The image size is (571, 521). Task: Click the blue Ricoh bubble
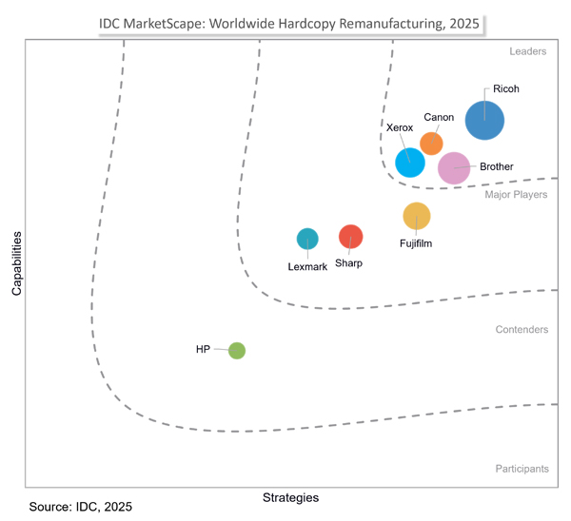(x=484, y=120)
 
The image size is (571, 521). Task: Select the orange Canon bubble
(x=431, y=143)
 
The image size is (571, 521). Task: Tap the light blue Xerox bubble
(x=409, y=162)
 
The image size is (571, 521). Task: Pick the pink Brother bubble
(x=454, y=168)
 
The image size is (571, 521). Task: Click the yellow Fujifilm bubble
(x=417, y=217)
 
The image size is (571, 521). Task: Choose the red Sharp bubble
(x=351, y=236)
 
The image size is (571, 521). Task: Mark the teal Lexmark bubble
(x=307, y=239)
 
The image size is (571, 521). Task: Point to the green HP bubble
(x=237, y=351)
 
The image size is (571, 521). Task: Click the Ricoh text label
(x=506, y=90)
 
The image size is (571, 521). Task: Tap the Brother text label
(x=497, y=167)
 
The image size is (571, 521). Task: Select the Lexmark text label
(x=307, y=267)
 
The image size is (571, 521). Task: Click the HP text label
(x=203, y=350)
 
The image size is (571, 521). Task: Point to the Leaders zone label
(x=528, y=51)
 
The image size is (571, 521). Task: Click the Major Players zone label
(x=516, y=195)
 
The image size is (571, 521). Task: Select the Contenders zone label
(x=522, y=330)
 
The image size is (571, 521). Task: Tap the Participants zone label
(x=522, y=469)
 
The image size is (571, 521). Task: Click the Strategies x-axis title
(x=290, y=497)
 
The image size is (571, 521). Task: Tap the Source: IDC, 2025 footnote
(x=81, y=508)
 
